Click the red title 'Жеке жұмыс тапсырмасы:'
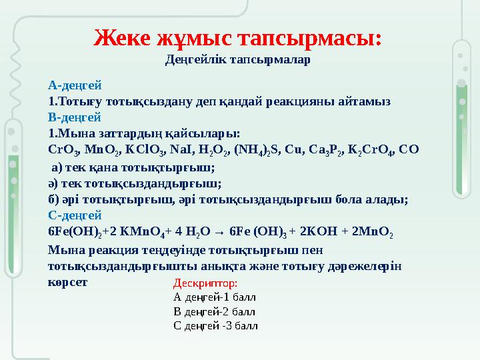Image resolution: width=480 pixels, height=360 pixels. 238,37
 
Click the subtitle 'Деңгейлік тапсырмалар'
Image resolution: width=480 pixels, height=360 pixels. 237,60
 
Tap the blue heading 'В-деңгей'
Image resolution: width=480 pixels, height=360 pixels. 75,117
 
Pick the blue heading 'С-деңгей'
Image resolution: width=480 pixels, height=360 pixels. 75,215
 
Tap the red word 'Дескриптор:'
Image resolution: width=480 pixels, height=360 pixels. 201,283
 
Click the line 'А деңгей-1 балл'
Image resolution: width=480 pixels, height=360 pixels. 214,297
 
